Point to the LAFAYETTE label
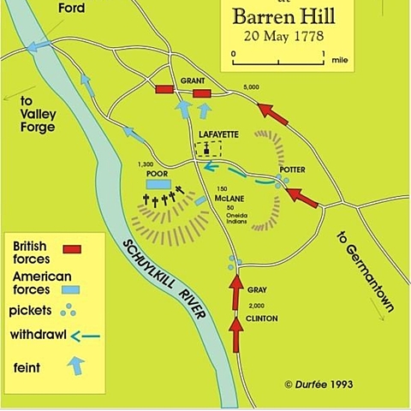pos(218,134)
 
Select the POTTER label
pos(292,170)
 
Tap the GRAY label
pos(257,290)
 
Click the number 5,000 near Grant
pos(251,87)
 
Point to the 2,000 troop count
pos(256,305)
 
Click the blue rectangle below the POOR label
pos(157,184)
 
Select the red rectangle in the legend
pos(72,250)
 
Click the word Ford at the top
pos(71,9)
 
